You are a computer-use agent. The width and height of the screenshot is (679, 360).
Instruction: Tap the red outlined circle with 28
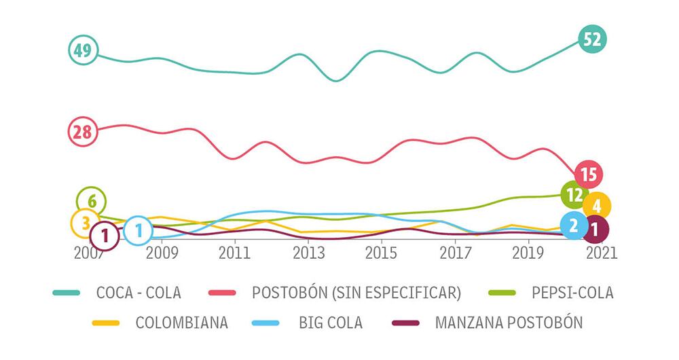pyautogui.click(x=83, y=132)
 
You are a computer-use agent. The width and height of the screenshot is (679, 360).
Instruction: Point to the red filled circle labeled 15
pyautogui.click(x=589, y=175)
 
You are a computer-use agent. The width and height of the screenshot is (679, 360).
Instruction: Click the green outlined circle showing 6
pyautogui.click(x=91, y=201)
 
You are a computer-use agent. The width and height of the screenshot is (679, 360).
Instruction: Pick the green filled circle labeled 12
pyautogui.click(x=574, y=195)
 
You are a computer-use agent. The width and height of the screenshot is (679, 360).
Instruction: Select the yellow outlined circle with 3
pyautogui.click(x=86, y=223)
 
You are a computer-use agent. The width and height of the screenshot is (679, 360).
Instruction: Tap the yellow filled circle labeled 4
pyautogui.click(x=596, y=205)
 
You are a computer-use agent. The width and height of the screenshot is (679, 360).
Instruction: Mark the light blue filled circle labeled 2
pyautogui.click(x=573, y=226)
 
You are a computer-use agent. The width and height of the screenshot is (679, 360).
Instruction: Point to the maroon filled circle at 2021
pyautogui.click(x=595, y=230)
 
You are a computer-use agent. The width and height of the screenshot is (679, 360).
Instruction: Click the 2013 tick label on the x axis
pyautogui.click(x=308, y=252)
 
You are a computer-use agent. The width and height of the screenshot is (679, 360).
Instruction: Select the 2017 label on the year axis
pyautogui.click(x=453, y=252)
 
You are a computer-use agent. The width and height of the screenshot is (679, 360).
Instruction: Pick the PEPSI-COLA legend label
pyautogui.click(x=572, y=293)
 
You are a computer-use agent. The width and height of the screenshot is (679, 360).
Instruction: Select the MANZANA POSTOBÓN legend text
pyautogui.click(x=508, y=323)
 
